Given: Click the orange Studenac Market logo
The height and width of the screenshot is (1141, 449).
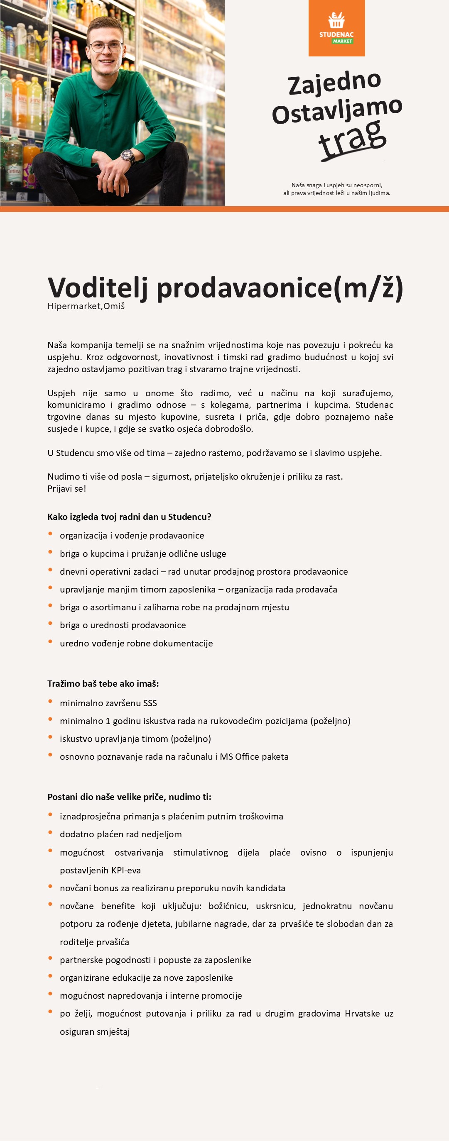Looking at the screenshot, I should coord(336,28).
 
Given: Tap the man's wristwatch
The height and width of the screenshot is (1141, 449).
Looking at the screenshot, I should coord(128,156).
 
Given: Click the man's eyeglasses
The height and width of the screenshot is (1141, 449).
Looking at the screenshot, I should coord(106,46).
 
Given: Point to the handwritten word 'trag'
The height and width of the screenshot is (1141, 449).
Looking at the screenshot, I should coord(352,139).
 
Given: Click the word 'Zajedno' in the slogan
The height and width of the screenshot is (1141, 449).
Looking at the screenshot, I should coord(335,83).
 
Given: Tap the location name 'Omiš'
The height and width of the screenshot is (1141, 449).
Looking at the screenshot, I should coord(114,306).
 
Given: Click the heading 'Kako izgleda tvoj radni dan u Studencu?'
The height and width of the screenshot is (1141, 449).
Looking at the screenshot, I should coord(130,517).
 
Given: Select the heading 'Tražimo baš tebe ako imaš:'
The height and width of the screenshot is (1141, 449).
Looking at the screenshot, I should coord(103,683).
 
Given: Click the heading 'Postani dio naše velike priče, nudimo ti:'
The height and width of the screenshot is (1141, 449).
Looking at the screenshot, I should coord(130,797).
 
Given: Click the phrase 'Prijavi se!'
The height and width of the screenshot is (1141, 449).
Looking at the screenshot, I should coord(67,489).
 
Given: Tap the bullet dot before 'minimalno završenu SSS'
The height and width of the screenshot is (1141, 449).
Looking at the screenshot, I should coord(51,702).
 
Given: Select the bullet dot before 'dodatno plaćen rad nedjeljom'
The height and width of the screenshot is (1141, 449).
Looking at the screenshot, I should coord(51,833).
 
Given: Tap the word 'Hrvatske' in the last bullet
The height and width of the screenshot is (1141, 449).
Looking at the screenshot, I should coord(362,1014).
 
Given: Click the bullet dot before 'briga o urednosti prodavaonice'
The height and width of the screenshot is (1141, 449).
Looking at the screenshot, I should coord(51,624).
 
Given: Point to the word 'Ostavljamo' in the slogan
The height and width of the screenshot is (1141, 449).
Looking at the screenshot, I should coord(337,110).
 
